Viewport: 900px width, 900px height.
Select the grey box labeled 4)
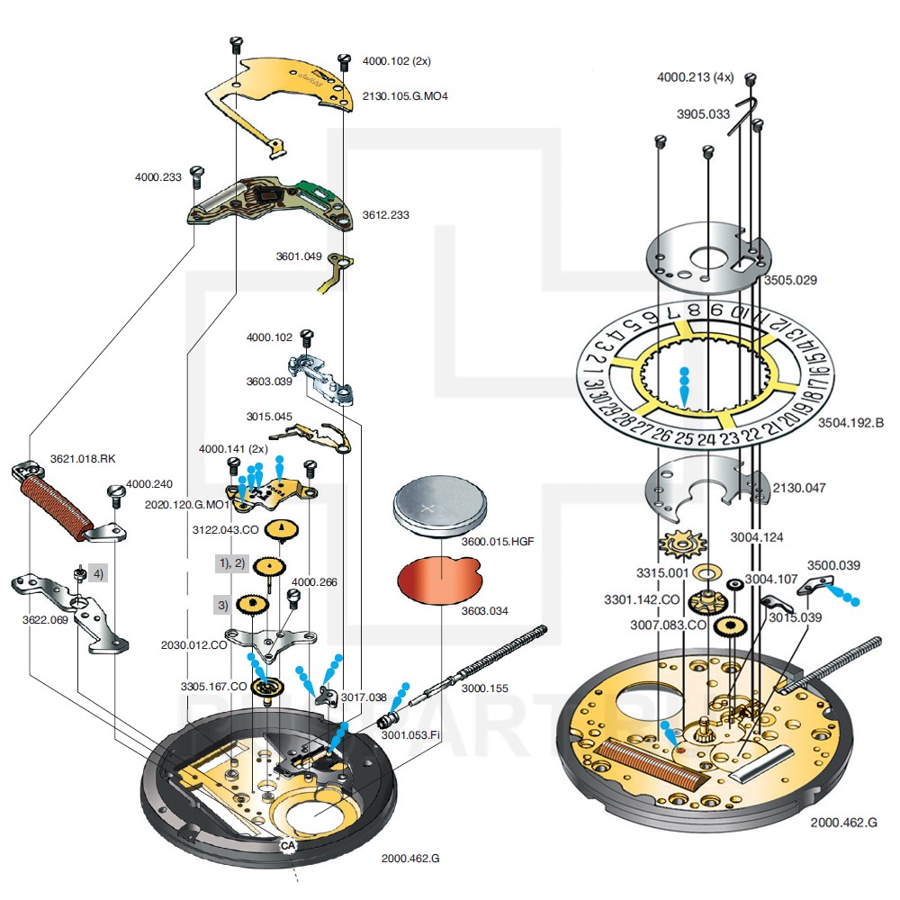97,573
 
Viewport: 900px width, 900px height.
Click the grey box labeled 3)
221,605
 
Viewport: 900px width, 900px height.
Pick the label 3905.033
703,114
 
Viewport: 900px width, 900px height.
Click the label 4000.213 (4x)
695,77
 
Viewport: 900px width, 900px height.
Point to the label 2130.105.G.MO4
404,94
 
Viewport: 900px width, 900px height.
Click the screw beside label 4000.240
114,491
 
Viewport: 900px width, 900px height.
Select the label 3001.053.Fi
409,734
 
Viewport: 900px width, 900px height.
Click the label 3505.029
790,280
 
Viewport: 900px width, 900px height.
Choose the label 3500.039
832,565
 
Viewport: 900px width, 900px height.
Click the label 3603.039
271,381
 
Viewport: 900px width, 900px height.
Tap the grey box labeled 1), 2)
230,562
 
